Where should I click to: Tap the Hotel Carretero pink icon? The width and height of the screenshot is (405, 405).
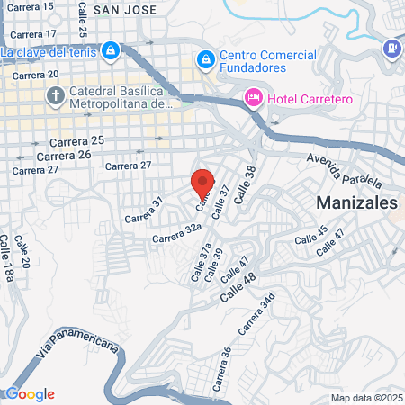point(253,97)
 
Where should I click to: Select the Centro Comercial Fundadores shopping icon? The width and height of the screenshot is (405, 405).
point(206,59)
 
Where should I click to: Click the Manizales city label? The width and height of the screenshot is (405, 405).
point(356,203)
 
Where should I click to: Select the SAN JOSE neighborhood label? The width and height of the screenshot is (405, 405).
point(130,10)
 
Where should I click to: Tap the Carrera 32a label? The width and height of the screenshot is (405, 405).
point(176,235)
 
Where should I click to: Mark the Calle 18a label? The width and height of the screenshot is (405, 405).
point(7,260)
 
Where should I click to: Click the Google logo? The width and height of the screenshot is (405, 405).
point(29,394)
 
